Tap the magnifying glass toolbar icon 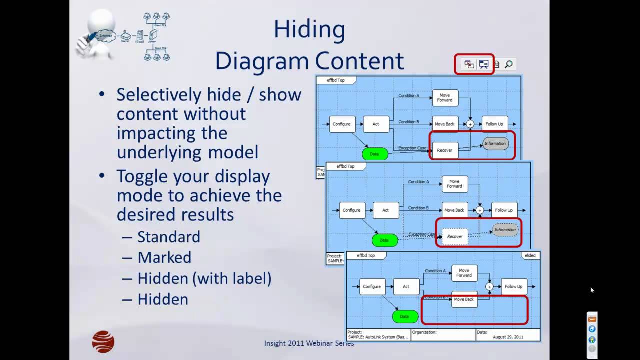pos(509,64)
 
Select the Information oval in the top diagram pos(495,144)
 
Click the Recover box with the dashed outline pos(455,236)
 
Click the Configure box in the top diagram pos(342,124)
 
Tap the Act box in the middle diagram pos(386,210)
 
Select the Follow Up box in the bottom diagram pos(514,287)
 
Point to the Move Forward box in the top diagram pos(444,97)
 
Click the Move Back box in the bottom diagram pos(464,299)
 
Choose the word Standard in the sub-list pos(169,237)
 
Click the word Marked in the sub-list pos(164,257)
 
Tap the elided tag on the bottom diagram pos(530,255)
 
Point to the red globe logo pos(103,342)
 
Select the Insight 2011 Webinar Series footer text pos(309,343)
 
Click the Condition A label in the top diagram pos(409,95)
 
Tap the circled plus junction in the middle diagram pos(480,210)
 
